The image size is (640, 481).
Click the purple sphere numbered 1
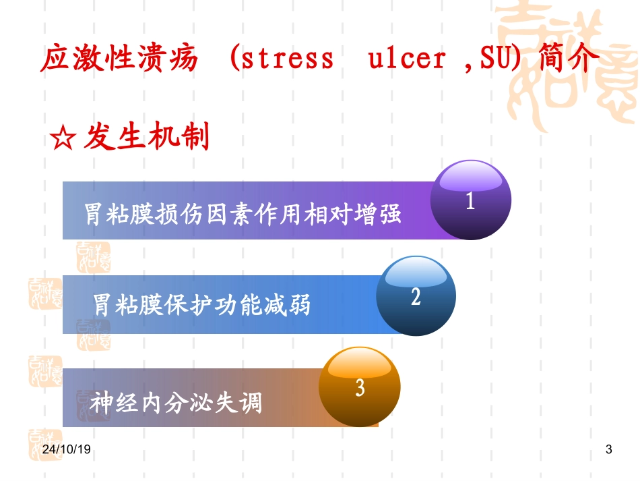coord(471,200)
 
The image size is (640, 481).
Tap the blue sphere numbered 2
coord(416,295)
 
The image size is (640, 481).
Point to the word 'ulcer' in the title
coord(407,59)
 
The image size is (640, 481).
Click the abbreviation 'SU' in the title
coord(496,59)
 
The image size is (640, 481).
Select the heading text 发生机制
coord(148,138)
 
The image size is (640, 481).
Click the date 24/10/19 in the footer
coord(66,449)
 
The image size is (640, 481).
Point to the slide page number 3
coord(609,449)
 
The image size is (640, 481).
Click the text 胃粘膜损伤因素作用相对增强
coord(243,214)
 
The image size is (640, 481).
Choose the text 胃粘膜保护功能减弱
coord(202,305)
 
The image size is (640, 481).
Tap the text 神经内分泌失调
coord(176,403)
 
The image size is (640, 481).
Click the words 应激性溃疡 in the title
coord(120,59)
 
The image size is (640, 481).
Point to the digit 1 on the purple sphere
coord(471,202)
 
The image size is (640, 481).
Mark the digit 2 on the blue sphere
coord(416,297)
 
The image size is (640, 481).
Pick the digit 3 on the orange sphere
coord(360,388)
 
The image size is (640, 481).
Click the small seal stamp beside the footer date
coord(44,445)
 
